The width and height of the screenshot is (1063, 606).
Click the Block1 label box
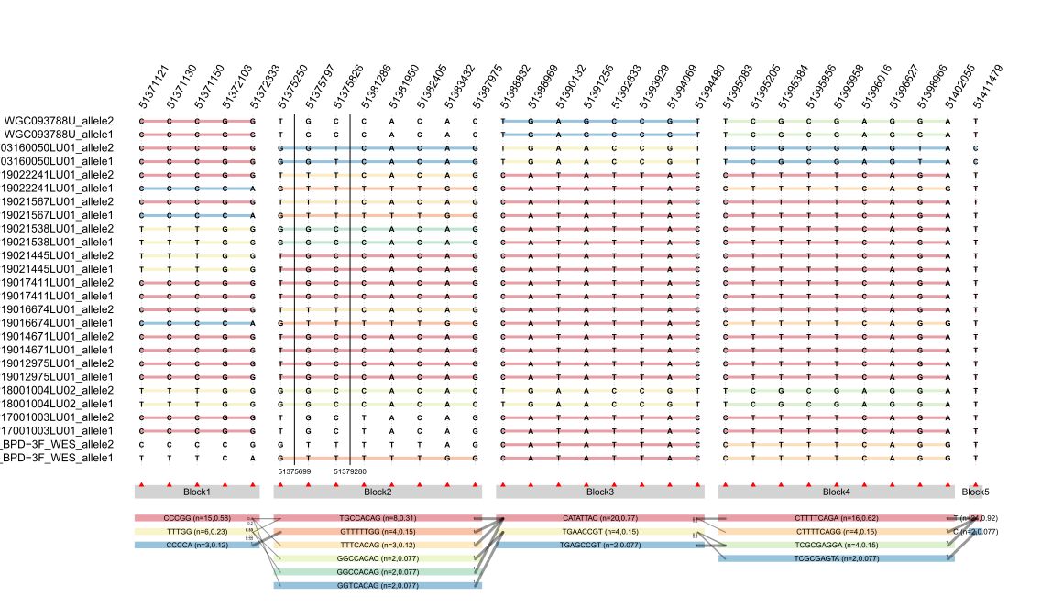click(x=197, y=492)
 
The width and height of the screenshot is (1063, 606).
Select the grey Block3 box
click(x=600, y=492)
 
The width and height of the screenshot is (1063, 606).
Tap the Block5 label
click(x=976, y=492)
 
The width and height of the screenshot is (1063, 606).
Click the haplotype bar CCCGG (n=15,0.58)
click(x=197, y=518)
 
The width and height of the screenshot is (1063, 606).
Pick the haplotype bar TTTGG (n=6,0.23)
click(x=197, y=531)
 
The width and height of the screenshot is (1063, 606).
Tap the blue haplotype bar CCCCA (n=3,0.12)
click(x=197, y=545)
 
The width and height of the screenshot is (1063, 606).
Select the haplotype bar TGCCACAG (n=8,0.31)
click(x=378, y=518)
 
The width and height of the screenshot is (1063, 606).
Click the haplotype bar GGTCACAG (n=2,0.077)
click(x=378, y=585)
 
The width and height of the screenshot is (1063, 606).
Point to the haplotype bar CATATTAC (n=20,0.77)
click(x=600, y=518)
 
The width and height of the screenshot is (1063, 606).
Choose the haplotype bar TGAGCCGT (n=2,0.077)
click(x=600, y=545)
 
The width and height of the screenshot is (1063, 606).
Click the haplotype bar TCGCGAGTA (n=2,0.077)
click(x=836, y=557)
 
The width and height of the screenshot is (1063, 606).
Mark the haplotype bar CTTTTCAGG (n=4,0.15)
click(x=836, y=531)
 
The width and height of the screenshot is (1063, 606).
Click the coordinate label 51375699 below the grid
click(x=296, y=471)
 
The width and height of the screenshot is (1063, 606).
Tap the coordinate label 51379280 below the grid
click(x=350, y=471)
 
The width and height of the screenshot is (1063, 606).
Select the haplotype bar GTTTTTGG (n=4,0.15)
click(x=378, y=531)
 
